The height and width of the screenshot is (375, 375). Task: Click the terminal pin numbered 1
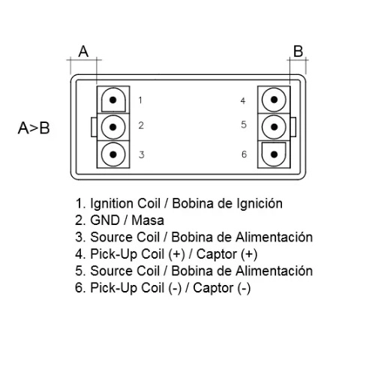113,100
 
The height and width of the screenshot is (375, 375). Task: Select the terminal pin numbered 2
113,127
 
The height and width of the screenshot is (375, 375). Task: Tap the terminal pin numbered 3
113,154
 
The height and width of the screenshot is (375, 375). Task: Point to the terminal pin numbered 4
274,100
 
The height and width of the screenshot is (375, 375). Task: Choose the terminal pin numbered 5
274,127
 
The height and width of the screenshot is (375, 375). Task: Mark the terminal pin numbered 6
274,154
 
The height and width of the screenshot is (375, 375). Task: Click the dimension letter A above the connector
83,52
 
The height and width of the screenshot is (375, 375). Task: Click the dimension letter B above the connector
298,51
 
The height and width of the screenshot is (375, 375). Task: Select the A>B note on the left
34,128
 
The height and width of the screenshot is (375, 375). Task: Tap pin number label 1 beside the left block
140,100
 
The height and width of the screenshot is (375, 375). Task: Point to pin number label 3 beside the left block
142,154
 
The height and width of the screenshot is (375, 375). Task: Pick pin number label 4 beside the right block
243,100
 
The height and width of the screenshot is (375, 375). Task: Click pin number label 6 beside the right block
244,154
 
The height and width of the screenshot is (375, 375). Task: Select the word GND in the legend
105,220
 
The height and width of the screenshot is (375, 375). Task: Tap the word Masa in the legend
148,220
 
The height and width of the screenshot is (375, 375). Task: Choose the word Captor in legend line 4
217,254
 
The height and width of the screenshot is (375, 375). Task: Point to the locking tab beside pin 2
94,127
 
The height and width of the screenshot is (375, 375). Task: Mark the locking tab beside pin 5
293,127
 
